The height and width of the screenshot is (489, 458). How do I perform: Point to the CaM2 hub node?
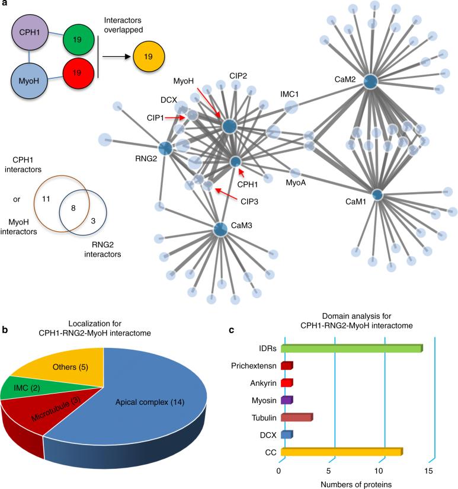pos(371,82)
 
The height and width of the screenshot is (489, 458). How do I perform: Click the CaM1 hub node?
pos(377,194)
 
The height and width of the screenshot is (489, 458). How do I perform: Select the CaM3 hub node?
pos(220,229)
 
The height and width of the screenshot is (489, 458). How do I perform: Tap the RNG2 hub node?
pos(165,149)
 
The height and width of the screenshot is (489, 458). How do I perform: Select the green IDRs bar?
pos(351,349)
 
